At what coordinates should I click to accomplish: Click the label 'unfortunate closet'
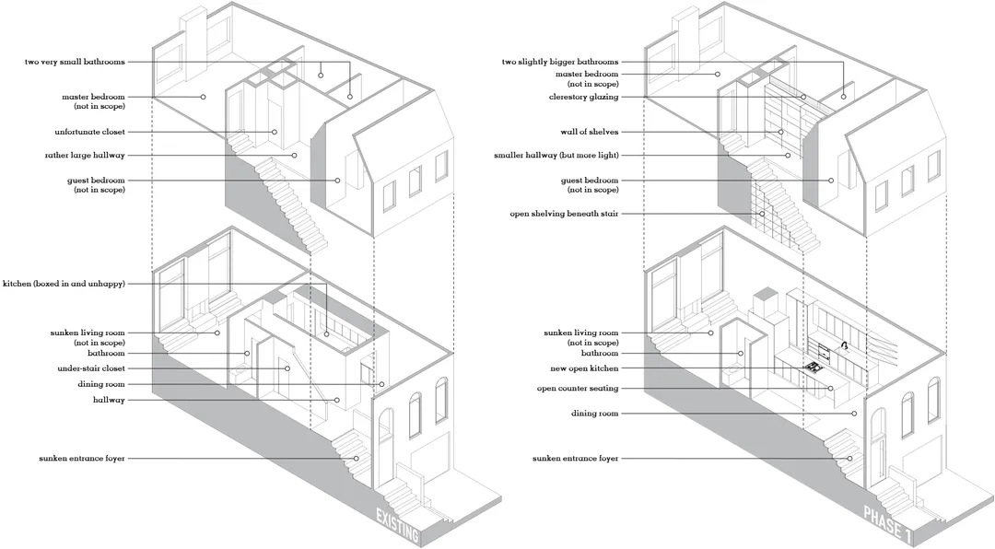[89, 132]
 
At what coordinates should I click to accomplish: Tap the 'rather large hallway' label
[85, 156]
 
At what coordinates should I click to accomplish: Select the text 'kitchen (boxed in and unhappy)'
[64, 284]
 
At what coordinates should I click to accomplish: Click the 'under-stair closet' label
[91, 368]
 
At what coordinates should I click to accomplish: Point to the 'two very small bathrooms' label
[75, 63]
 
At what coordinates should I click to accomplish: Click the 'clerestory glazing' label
[583, 97]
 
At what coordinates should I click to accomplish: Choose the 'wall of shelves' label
[589, 132]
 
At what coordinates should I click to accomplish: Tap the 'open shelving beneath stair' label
[564, 214]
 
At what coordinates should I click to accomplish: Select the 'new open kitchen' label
[584, 368]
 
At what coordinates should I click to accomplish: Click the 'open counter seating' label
[578, 389]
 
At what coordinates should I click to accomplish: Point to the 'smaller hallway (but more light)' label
[556, 156]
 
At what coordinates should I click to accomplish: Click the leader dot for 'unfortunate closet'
[275, 132]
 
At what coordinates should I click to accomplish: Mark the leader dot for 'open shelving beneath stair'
[762, 214]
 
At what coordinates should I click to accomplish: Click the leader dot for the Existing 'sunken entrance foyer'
[356, 458]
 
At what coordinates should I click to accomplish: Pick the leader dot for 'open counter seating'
[829, 389]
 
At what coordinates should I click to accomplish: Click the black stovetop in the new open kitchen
[812, 367]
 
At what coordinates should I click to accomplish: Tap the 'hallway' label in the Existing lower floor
[109, 401]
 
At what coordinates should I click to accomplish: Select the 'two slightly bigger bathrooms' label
[560, 63]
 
